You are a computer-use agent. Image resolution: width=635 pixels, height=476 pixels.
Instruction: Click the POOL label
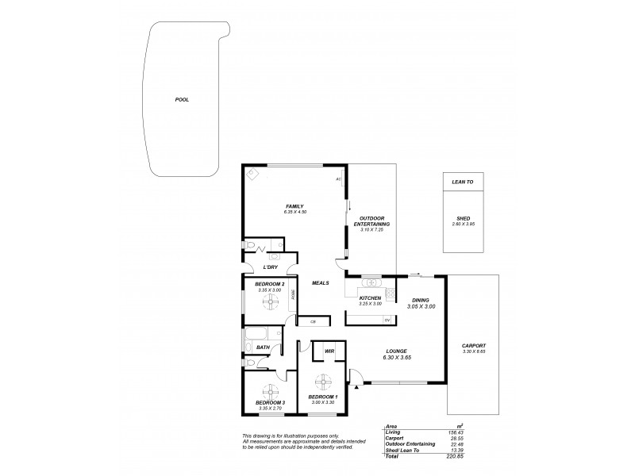pos(182,100)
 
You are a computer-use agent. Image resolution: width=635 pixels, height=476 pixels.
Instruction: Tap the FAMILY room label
pos(294,207)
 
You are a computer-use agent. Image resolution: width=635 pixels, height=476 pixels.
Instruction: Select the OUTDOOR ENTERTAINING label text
pos(371,221)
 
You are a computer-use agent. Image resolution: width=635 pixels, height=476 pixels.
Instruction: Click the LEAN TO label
pos(462,182)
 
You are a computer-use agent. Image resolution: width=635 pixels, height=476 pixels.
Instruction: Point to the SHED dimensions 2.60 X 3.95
pos(462,225)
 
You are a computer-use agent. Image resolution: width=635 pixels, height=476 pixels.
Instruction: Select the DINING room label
pos(421,299)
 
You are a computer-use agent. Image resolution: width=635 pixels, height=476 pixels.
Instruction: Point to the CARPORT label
pos(473,346)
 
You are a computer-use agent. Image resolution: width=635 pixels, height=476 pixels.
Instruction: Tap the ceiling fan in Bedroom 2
pos(269,300)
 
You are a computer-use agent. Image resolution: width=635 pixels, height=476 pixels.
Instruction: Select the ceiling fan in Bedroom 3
pos(270,390)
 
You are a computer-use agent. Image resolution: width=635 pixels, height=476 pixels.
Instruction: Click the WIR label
pos(329,350)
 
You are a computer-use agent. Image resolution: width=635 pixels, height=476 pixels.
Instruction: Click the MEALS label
pos(320,283)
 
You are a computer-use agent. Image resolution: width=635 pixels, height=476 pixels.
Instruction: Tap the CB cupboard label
pos(313,321)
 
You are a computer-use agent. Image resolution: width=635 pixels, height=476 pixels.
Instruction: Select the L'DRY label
pos(269,267)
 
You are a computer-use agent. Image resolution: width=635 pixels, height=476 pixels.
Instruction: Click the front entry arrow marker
pos(356,386)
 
